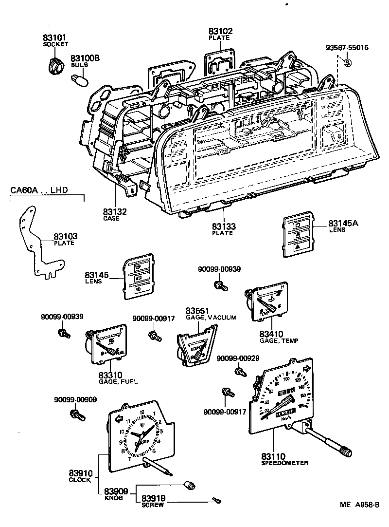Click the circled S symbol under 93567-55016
347,62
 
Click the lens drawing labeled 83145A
297,236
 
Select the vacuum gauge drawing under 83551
195,345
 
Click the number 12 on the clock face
142,412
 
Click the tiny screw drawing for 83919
215,499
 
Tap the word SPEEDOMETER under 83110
284,463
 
